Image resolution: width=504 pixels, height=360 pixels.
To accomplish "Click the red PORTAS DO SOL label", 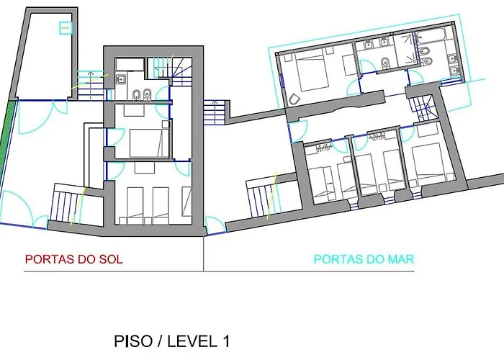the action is [x=73, y=259].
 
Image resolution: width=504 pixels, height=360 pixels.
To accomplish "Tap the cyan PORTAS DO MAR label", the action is [x=364, y=259].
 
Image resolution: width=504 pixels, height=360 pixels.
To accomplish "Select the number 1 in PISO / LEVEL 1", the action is [x=226, y=341].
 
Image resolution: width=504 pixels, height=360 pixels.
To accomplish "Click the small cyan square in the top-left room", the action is [x=66, y=28].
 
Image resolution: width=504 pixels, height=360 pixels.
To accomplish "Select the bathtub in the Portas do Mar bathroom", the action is [x=430, y=35].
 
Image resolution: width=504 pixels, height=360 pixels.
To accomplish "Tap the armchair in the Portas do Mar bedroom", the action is [x=294, y=99].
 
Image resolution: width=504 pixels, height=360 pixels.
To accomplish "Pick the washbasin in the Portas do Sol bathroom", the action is [x=121, y=78].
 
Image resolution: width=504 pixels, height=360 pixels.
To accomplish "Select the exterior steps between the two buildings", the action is [x=214, y=112].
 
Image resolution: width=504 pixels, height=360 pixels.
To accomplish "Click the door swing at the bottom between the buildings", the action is [x=215, y=225].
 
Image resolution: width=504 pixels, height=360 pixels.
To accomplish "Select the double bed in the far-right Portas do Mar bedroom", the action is [x=429, y=163].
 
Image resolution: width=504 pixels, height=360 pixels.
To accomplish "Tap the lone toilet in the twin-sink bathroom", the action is [x=385, y=63].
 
